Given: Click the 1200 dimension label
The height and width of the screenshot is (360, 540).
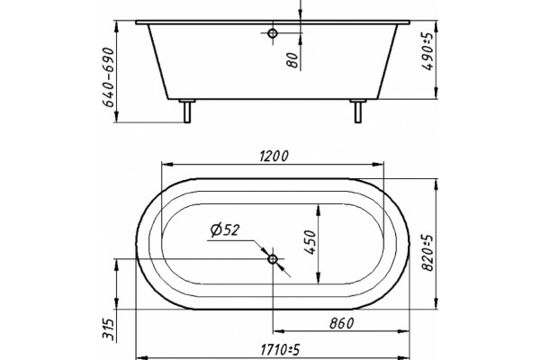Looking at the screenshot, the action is pyautogui.click(x=274, y=157).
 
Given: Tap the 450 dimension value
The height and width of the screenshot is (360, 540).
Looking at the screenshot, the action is pyautogui.click(x=310, y=242).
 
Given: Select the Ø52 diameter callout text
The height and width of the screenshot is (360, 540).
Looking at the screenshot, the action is pyautogui.click(x=224, y=229).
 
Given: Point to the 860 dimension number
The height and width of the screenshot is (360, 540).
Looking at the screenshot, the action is pyautogui.click(x=341, y=323).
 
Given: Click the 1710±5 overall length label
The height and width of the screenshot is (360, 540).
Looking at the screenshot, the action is pyautogui.click(x=280, y=350).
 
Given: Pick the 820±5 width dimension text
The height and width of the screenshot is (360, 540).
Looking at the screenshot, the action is pyautogui.click(x=427, y=253).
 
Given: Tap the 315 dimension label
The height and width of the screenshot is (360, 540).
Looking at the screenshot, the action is pyautogui.click(x=108, y=329).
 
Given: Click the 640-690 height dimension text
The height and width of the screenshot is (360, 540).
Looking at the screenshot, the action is pyautogui.click(x=109, y=77).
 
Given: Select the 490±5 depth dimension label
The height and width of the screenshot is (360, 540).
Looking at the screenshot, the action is pyautogui.click(x=427, y=52).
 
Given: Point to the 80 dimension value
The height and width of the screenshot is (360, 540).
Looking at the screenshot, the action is pyautogui.click(x=292, y=60).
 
